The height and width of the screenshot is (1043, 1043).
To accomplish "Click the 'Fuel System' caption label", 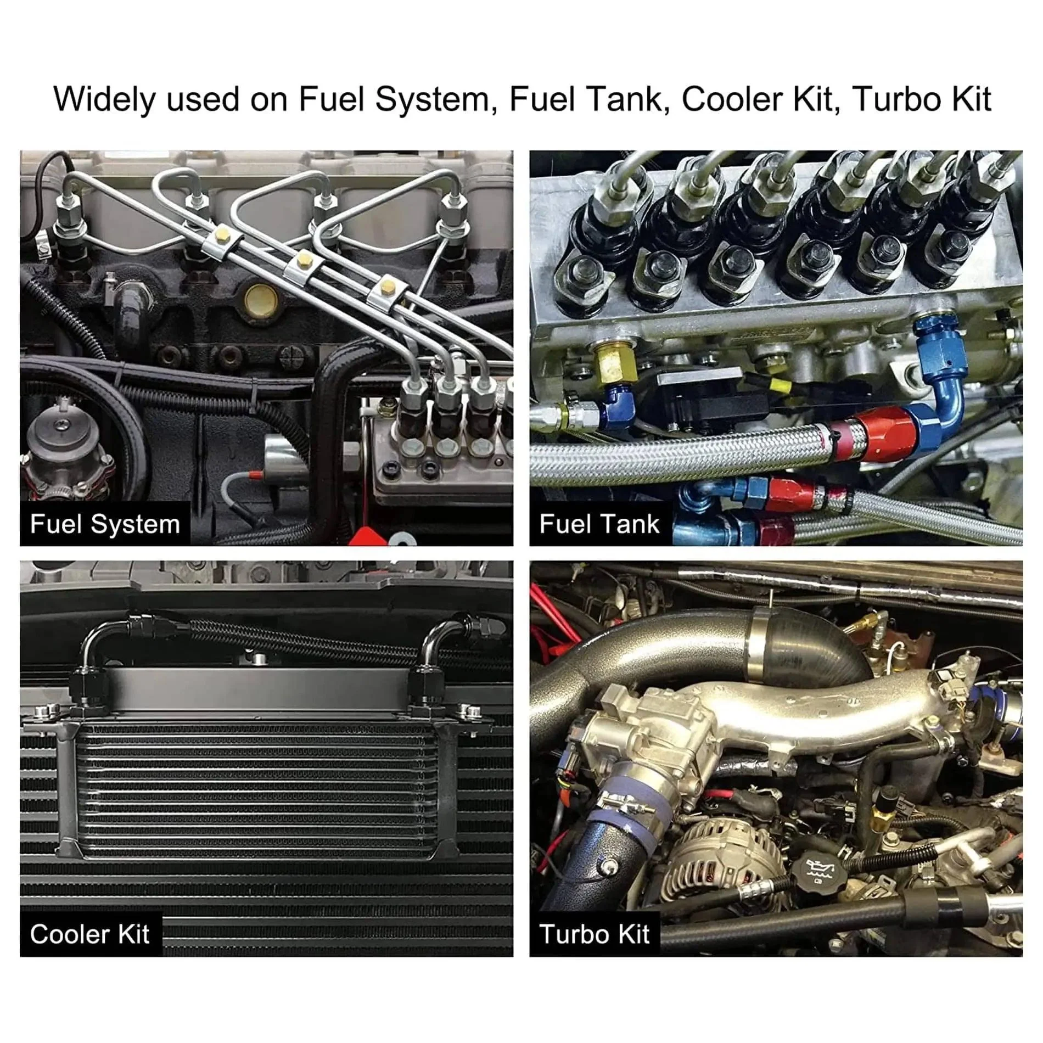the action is (x=105, y=524).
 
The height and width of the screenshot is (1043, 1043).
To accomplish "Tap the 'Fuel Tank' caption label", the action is (x=599, y=524).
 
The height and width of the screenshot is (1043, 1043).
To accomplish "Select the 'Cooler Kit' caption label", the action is (x=90, y=934).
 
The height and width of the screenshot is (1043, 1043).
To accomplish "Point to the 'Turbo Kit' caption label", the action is (x=595, y=934).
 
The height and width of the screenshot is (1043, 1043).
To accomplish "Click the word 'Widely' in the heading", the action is (x=104, y=100).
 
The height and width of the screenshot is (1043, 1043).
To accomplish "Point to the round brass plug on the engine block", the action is (x=260, y=300).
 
